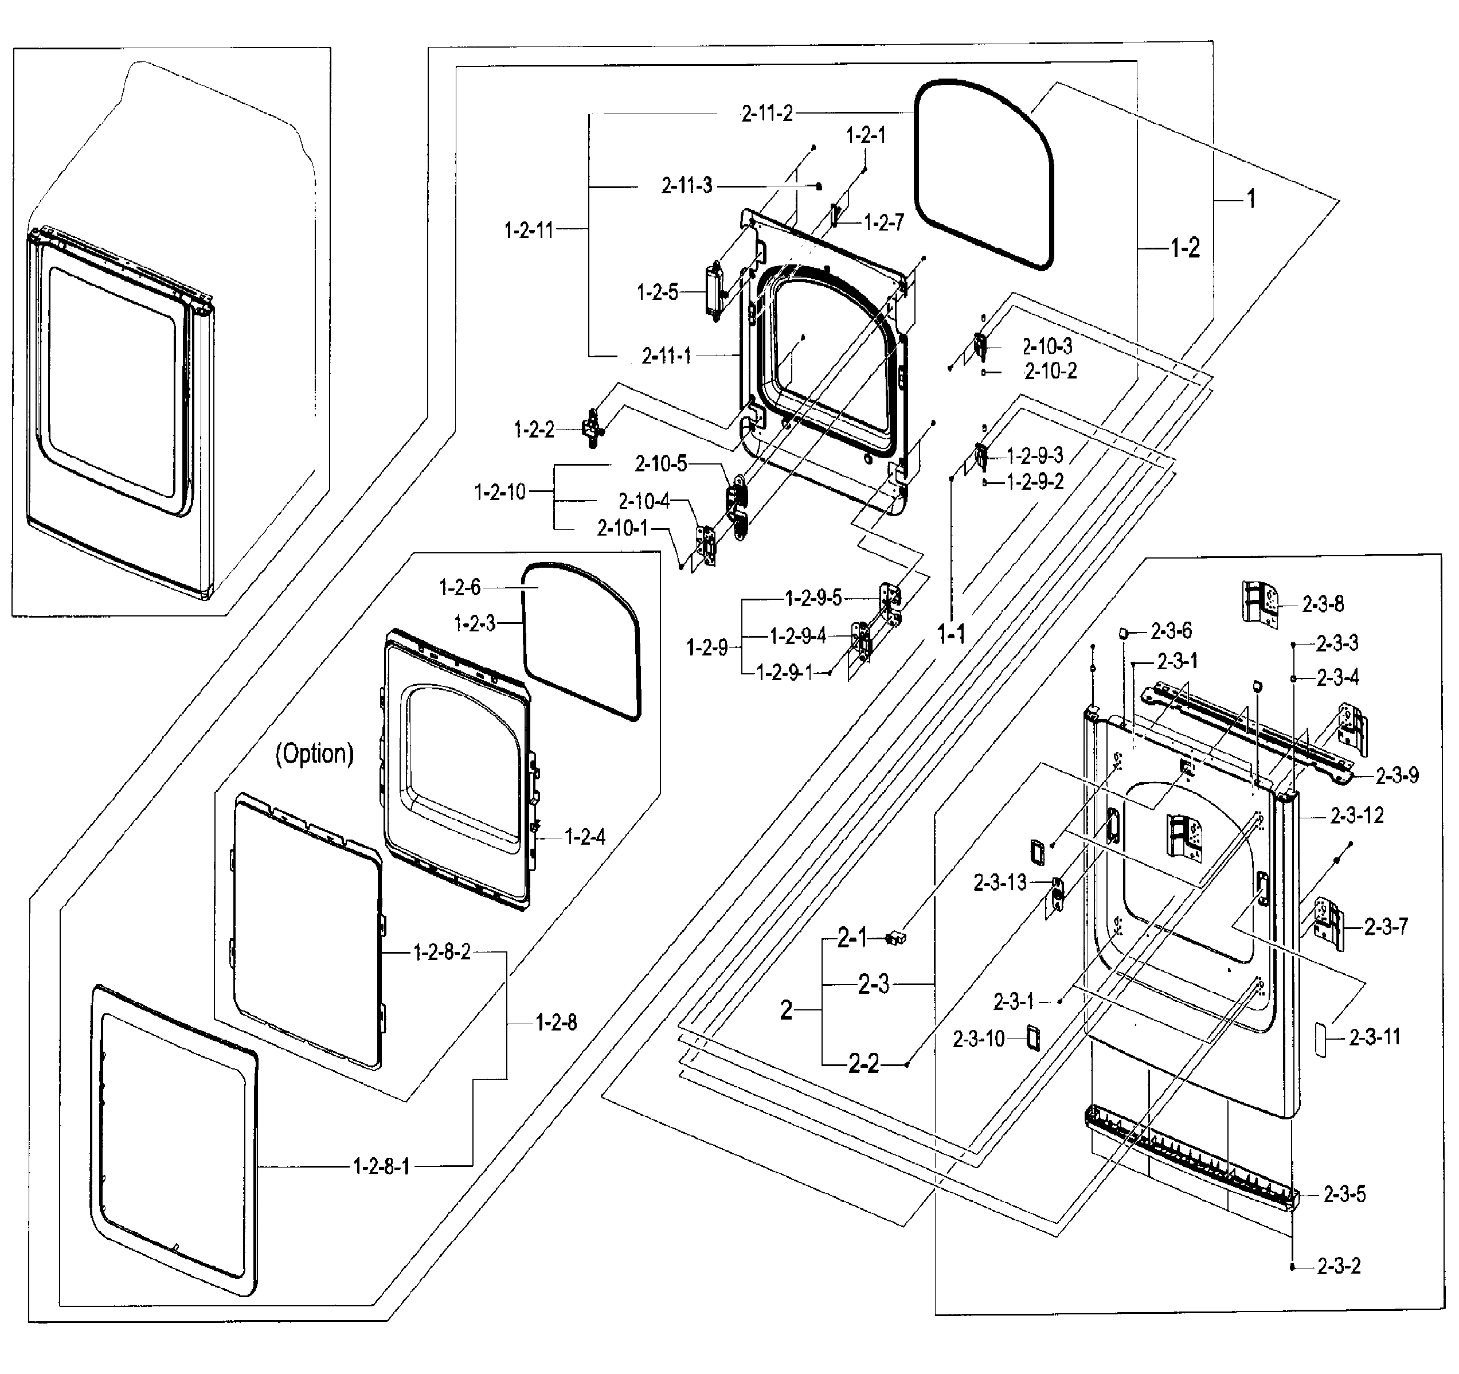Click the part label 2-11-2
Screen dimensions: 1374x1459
[767, 113]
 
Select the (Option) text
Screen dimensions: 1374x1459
[314, 754]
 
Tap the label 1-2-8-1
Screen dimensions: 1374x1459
[382, 1166]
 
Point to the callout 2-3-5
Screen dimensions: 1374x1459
[1344, 1194]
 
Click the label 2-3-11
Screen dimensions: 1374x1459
[1375, 1037]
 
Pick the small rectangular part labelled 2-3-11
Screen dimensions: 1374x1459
[1321, 1039]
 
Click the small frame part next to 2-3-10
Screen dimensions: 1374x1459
[1032, 1039]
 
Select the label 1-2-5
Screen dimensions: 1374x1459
[657, 292]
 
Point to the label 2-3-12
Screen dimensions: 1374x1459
[1357, 815]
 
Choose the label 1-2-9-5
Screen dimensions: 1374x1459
[813, 598]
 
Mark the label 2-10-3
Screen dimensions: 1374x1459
[1047, 346]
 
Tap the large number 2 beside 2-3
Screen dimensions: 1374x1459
[787, 1010]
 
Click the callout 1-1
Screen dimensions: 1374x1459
[951, 634]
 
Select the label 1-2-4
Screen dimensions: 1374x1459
[584, 836]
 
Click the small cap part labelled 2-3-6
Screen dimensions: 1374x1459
[1123, 633]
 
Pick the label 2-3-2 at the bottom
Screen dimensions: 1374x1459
[1339, 1266]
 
